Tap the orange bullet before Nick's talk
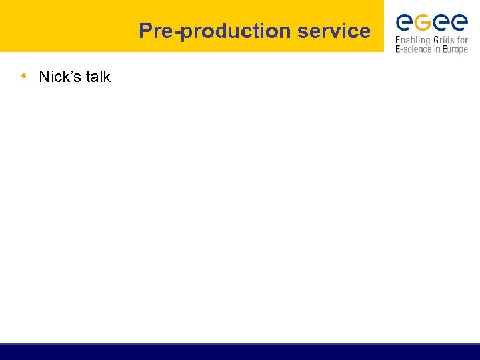coord(24,75)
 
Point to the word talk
coord(98,77)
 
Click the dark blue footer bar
coord(240,351)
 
